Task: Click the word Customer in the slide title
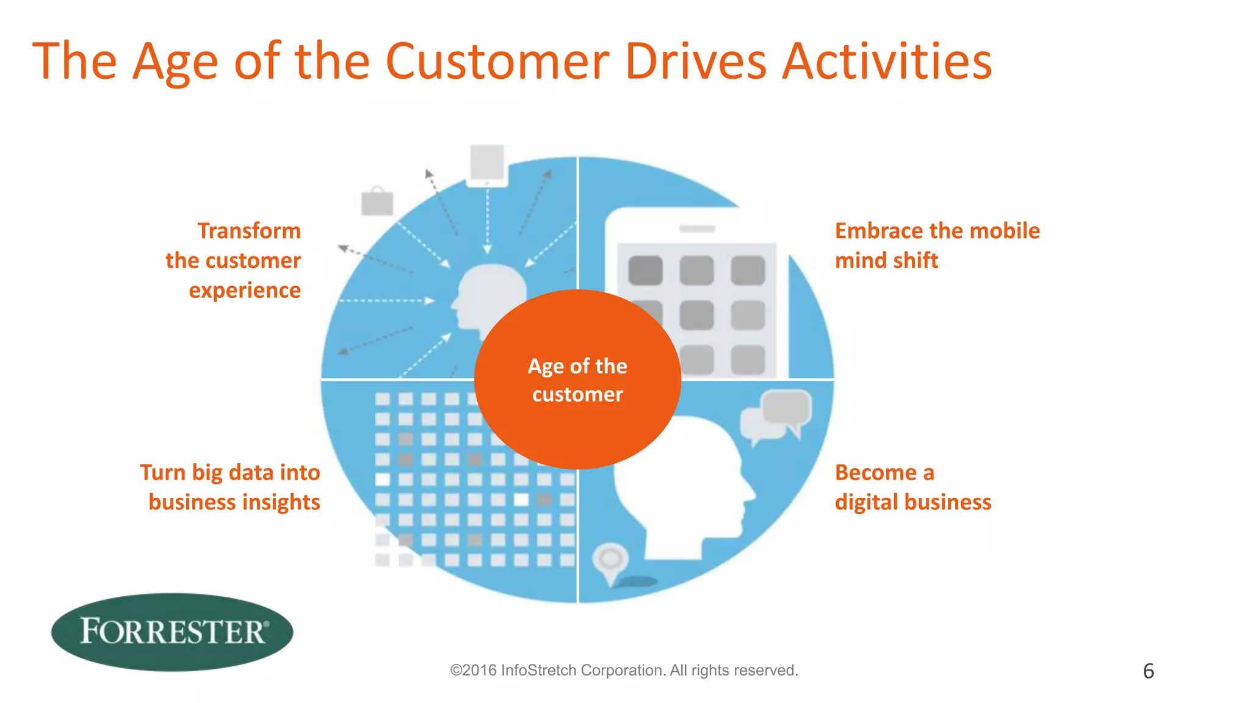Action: pos(497,62)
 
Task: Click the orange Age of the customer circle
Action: pos(577,380)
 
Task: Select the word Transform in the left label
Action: pos(249,231)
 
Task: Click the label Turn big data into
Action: pos(230,472)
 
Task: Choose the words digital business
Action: pos(912,502)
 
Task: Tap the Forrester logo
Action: pos(172,632)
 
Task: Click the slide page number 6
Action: pos(1148,671)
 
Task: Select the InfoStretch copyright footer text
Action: pos(624,670)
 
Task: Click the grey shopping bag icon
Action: pos(377,201)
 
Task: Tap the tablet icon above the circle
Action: pos(487,165)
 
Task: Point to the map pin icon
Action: pos(610,561)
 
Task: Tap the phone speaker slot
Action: pos(696,229)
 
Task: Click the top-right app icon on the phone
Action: pos(748,270)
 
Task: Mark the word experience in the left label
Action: pos(245,290)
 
